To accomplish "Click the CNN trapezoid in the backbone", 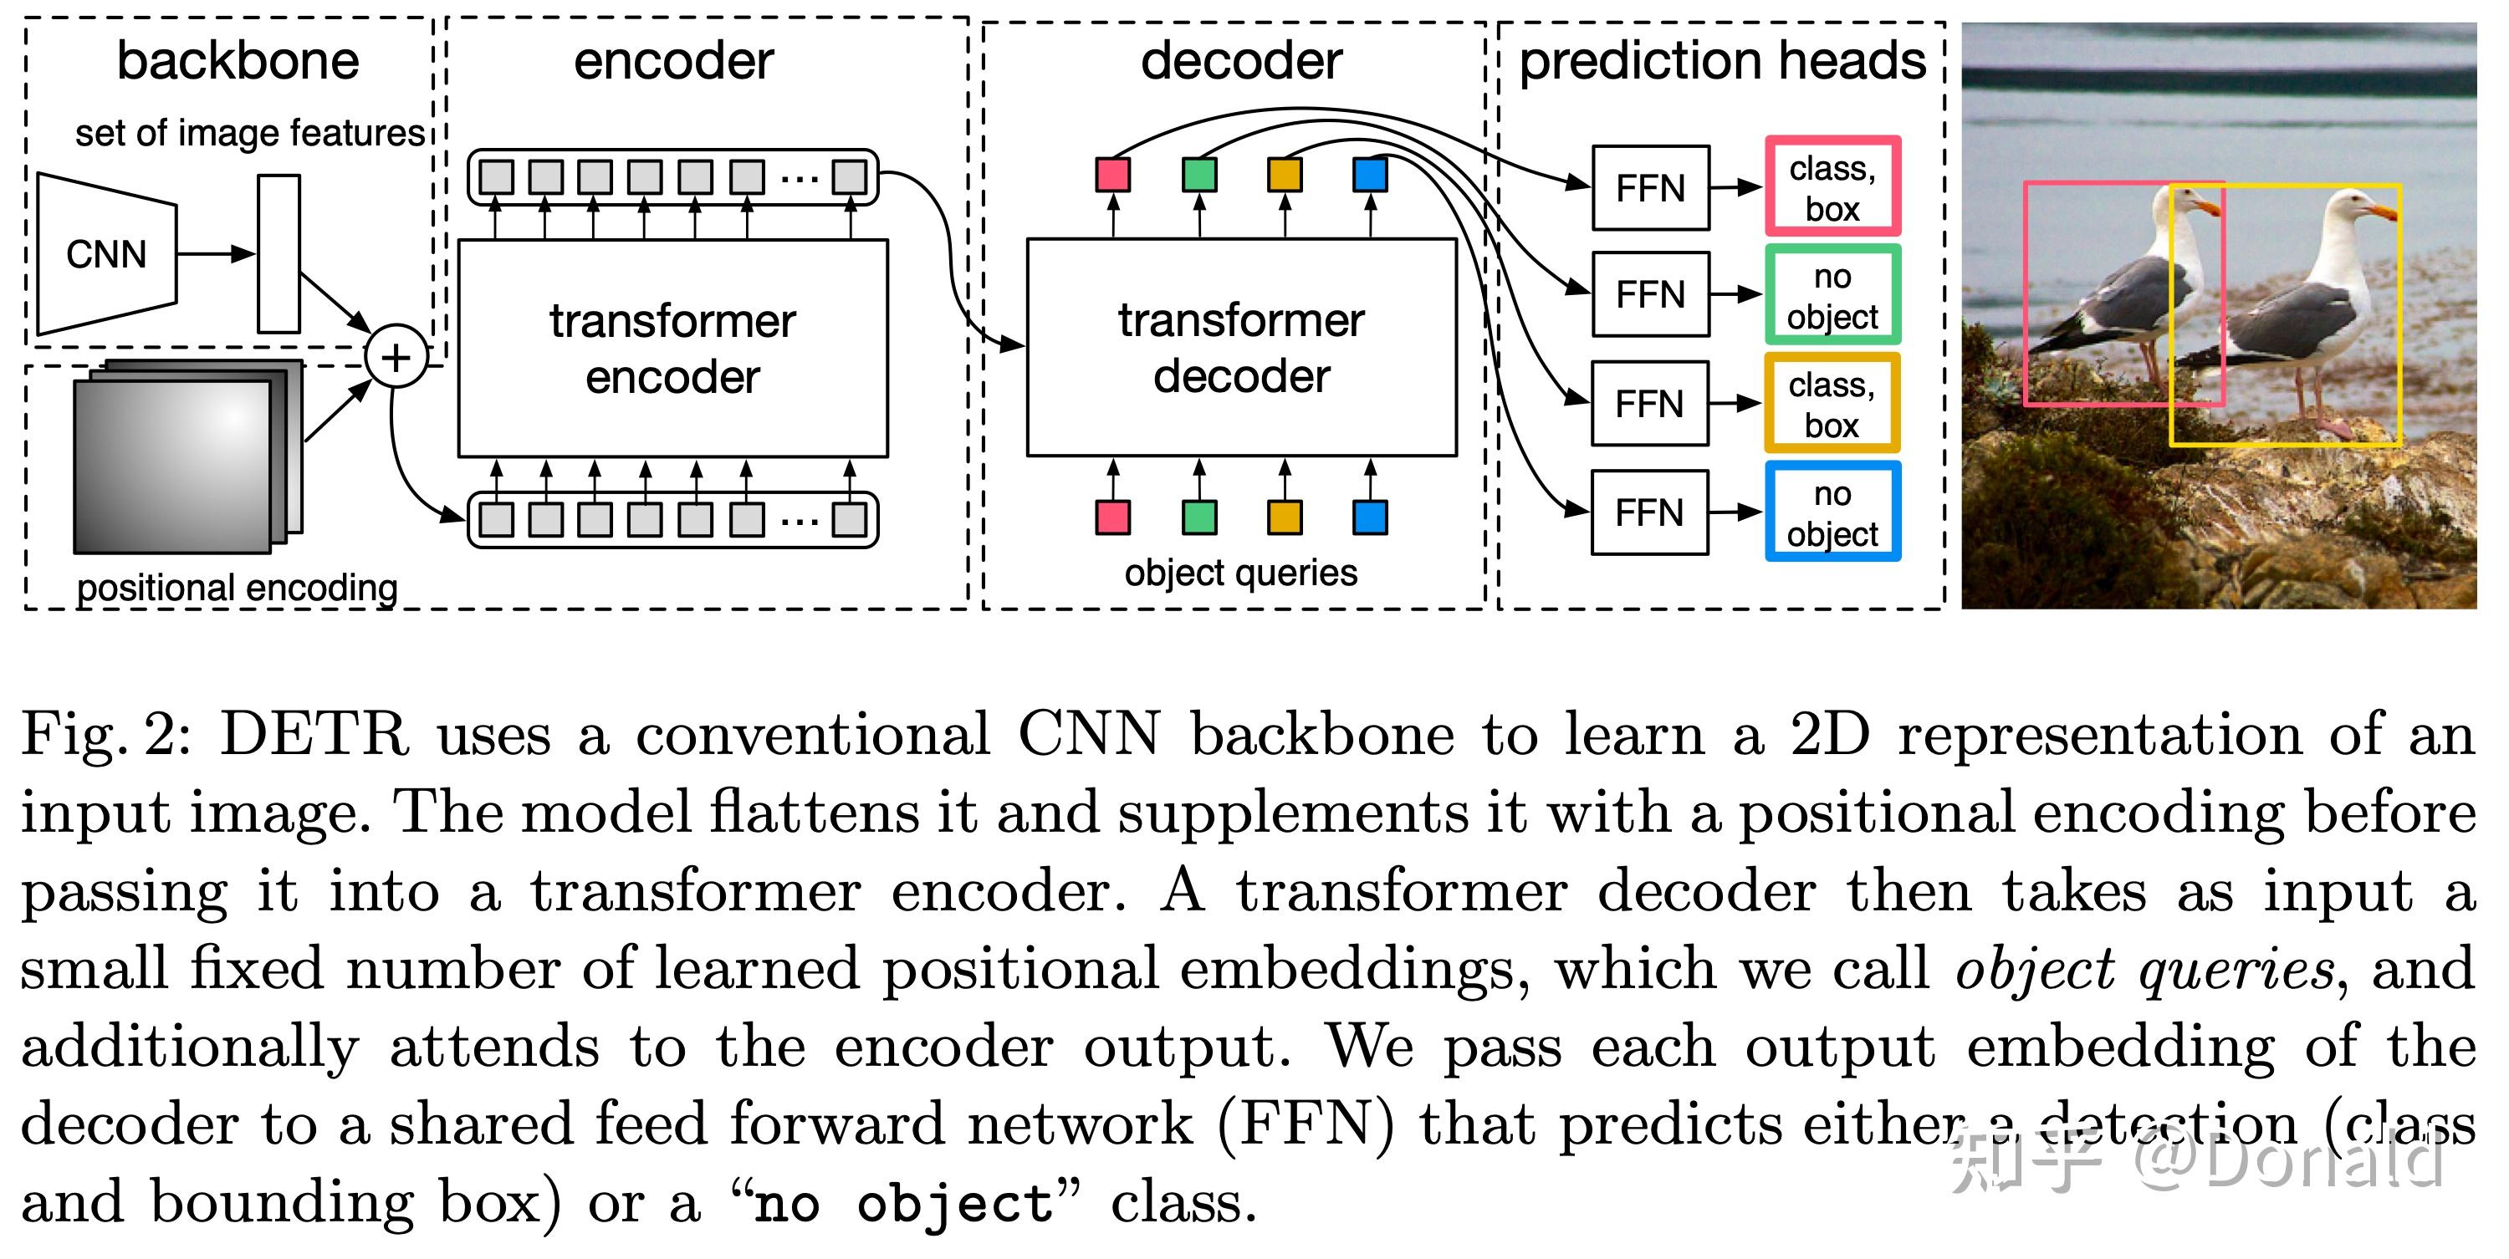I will pos(106,254).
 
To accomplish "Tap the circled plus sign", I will pos(396,357).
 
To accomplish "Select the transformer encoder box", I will pos(672,348).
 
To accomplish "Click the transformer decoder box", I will pos(1241,348).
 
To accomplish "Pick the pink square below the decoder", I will pos(1112,517).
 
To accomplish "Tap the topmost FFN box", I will pos(1650,188).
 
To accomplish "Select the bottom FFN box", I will pos(1649,512).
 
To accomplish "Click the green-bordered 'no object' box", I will pos(1832,295).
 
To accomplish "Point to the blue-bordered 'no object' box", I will pos(1832,512).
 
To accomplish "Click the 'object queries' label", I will pos(1240,573).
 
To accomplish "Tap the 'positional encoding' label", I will pos(237,588).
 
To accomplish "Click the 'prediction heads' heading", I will pos(1722,60).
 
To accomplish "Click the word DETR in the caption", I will pos(314,734).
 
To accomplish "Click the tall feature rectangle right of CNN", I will pos(278,254).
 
